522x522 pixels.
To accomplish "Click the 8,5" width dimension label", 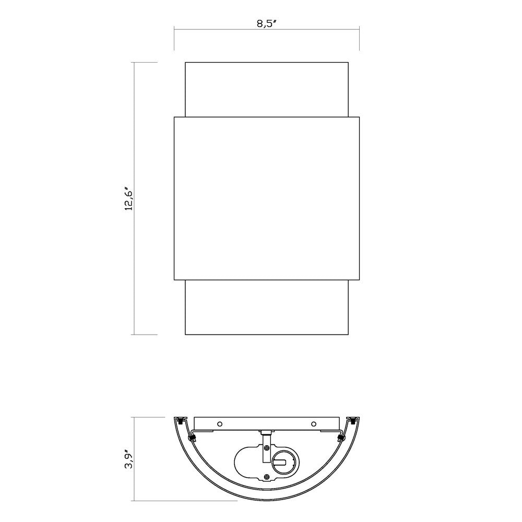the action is pos(267,24).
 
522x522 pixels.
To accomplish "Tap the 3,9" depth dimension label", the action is pos(129,459).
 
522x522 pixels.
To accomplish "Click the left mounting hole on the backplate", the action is pos(220,424).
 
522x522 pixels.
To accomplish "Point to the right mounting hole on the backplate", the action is pos(313,424).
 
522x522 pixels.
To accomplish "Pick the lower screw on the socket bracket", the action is pos(266,477).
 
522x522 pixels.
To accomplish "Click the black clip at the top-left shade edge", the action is pos(181,420).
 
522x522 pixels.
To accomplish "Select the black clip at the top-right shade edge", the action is pos(353,420).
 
